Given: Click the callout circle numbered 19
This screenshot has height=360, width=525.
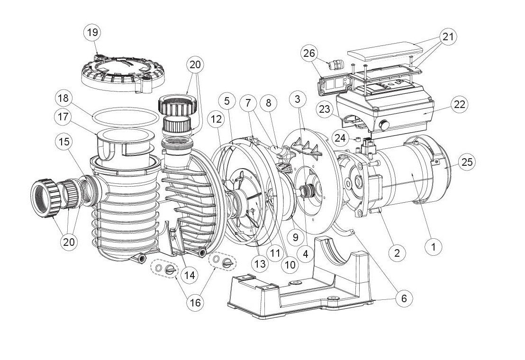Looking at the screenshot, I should [92, 32].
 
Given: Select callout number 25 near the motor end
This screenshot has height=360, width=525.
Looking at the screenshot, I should [467, 162].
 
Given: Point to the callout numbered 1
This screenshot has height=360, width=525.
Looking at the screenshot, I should [434, 246].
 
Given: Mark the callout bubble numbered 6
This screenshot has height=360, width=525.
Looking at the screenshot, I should [404, 298].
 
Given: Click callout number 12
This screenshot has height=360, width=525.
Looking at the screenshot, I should [216, 120].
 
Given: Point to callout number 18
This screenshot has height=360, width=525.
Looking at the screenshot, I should [65, 99].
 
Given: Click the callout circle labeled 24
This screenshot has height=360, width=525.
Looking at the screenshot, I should [339, 138].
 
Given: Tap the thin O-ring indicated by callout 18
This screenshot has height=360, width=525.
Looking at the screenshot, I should [124, 113].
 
